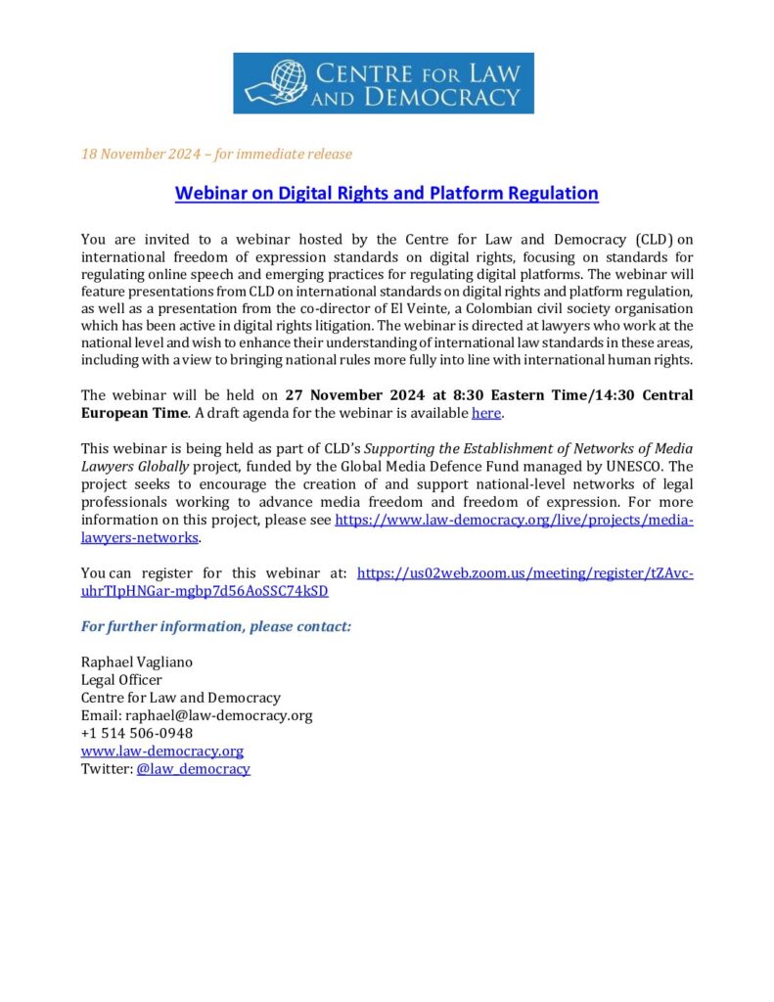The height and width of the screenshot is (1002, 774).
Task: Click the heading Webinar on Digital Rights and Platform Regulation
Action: coord(387,193)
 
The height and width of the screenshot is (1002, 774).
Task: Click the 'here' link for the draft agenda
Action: coord(486,413)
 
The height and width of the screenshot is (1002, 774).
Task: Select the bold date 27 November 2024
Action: coord(350,395)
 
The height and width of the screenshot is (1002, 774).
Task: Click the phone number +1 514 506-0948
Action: coord(136,733)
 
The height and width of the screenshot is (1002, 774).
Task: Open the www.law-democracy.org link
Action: coord(161,751)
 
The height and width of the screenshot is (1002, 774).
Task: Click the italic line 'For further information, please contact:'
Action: coord(215,626)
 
